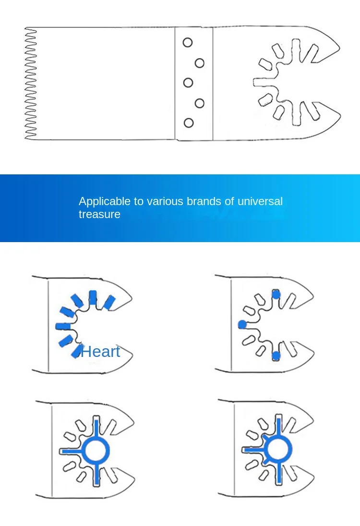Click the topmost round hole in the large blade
click(188, 42)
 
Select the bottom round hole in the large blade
click(189, 123)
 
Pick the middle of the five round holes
click(188, 83)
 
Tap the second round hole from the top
click(200, 63)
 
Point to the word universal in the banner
click(260, 201)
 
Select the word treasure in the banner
click(99, 214)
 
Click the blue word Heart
click(100, 352)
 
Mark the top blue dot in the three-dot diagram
click(276, 294)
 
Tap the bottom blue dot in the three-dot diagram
click(276, 355)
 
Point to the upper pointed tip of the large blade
click(339, 48)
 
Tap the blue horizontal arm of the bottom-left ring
click(72, 452)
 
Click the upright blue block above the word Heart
click(93, 297)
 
